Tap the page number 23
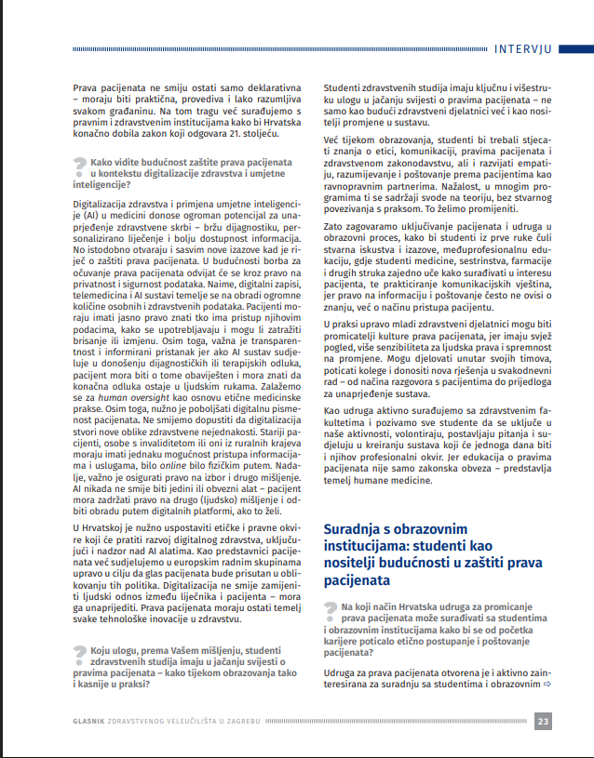tap(545, 721)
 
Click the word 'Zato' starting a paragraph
tap(332, 226)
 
